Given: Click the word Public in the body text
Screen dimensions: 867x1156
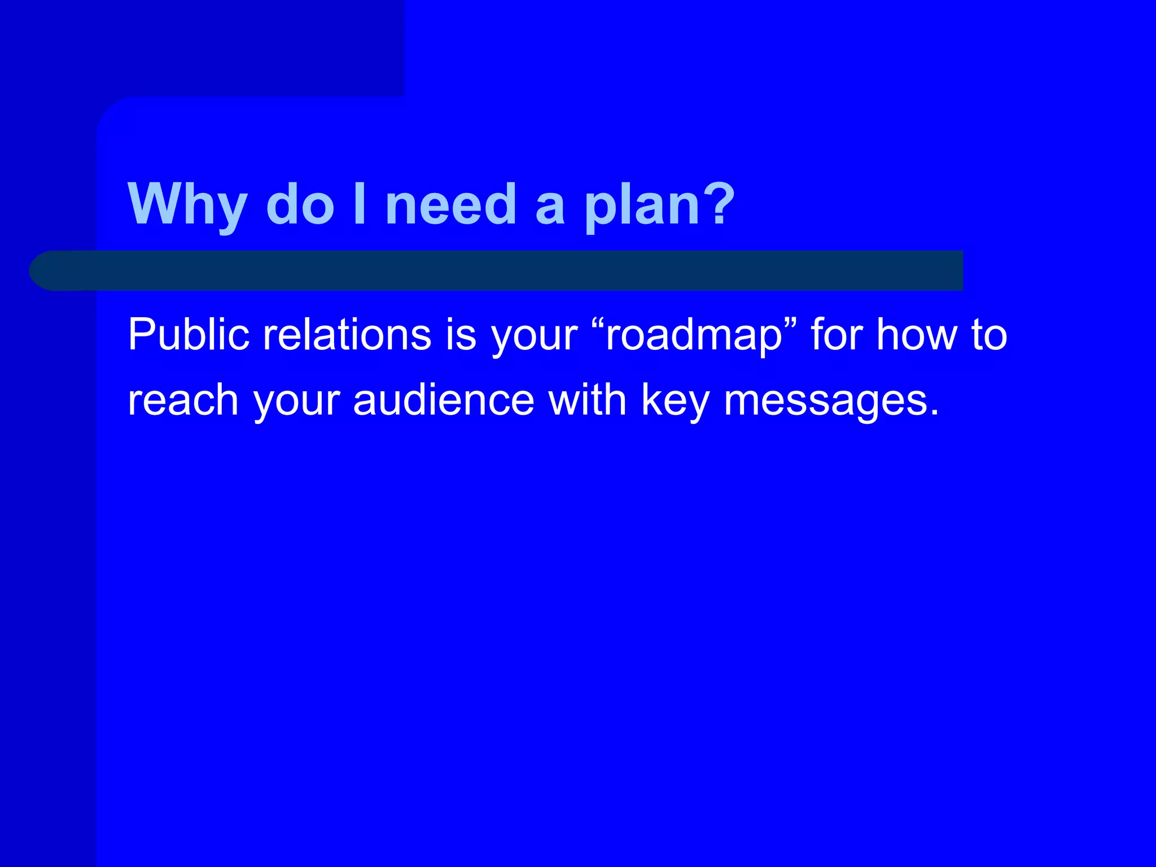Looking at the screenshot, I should pyautogui.click(x=189, y=334).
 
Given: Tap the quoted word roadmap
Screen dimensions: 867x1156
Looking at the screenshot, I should pyautogui.click(x=694, y=335).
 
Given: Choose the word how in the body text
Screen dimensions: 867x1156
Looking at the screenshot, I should pyautogui.click(x=917, y=334).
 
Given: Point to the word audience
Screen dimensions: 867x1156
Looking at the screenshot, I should pyautogui.click(x=444, y=400).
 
